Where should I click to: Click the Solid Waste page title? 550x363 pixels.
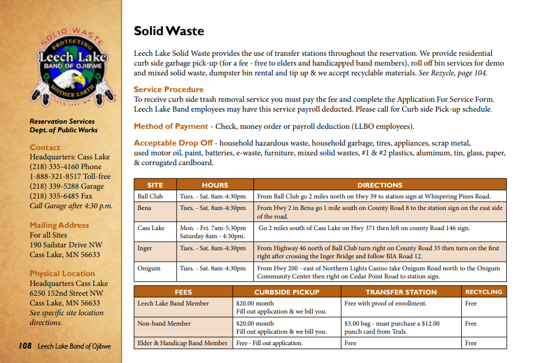[x=169, y=31]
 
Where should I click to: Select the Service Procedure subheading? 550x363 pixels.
[x=169, y=89]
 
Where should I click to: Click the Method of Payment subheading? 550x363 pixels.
[x=171, y=126]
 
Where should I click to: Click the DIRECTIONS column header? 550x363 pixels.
[x=380, y=185]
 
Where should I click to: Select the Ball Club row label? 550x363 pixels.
[x=150, y=196]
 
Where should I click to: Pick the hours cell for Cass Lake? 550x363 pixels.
[x=213, y=232]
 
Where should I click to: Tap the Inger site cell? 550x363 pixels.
[x=145, y=248]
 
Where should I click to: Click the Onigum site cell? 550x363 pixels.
[x=149, y=268]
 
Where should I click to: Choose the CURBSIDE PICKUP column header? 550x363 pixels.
[x=286, y=292]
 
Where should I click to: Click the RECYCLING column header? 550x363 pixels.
[x=483, y=292]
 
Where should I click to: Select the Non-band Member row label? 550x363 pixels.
[x=164, y=323]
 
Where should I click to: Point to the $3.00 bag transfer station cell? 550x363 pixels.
[x=392, y=327]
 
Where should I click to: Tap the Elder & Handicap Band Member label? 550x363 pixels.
[x=183, y=343]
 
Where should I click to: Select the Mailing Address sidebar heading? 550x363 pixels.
[x=59, y=225]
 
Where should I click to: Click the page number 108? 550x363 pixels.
[x=24, y=346]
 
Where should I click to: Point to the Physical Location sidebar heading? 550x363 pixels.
[x=62, y=273]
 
